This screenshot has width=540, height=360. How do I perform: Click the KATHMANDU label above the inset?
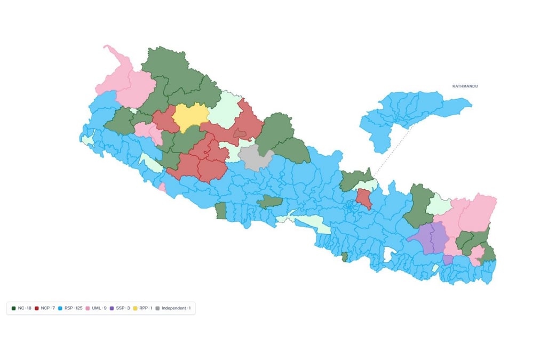(465, 86)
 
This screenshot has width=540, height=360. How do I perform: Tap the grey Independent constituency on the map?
(255, 158)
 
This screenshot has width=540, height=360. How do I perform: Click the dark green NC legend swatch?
(14, 308)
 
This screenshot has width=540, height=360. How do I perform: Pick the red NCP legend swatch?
(38, 308)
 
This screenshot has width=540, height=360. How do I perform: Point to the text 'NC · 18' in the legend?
(25, 308)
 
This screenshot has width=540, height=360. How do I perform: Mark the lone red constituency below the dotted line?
(364, 198)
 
